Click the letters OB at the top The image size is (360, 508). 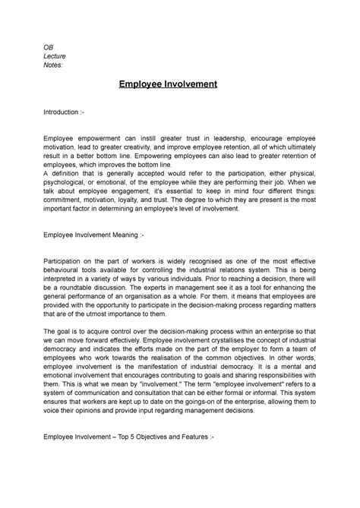(x=48, y=47)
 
